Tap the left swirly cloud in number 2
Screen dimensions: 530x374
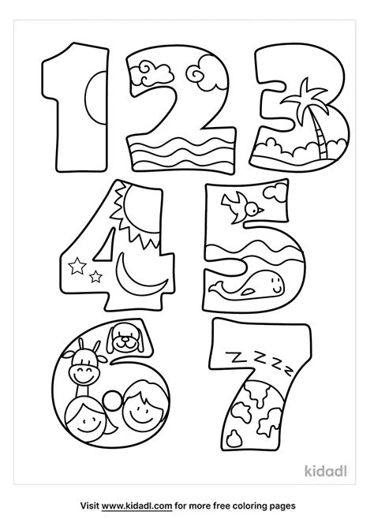tap(148, 70)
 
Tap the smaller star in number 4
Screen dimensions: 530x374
tap(96, 275)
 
